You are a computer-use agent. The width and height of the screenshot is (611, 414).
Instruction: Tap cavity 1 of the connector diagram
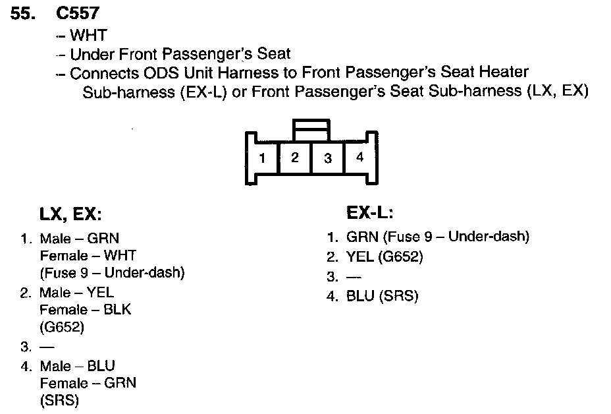coord(262,158)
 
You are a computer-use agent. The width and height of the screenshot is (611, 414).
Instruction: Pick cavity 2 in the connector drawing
coord(295,158)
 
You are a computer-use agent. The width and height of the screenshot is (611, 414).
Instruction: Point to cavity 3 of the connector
coord(327,158)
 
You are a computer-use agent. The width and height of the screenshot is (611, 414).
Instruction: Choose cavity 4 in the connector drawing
coord(359,158)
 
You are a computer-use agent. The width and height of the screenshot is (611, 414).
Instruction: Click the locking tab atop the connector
coord(311,129)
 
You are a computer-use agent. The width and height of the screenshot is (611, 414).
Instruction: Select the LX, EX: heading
coord(71,214)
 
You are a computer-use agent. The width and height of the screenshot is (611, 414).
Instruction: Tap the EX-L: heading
coord(370,213)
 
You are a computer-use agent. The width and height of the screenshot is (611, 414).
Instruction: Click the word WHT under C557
coord(88,35)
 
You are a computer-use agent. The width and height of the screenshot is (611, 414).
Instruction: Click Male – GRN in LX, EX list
coord(79,239)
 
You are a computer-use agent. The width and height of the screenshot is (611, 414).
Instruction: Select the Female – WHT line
coord(88,256)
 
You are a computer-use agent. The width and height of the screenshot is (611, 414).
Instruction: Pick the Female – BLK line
coord(85,310)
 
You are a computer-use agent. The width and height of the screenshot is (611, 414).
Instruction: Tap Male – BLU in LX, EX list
coord(78,365)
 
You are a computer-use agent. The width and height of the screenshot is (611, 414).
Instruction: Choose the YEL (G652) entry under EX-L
coord(384,256)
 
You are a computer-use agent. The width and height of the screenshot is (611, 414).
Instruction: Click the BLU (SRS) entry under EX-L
coord(382,296)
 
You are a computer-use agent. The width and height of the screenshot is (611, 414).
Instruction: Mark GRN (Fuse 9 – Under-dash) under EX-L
coord(437,237)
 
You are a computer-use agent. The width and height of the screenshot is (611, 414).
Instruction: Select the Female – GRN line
coord(88,382)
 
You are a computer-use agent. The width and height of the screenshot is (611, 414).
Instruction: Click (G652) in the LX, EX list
coord(63,326)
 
